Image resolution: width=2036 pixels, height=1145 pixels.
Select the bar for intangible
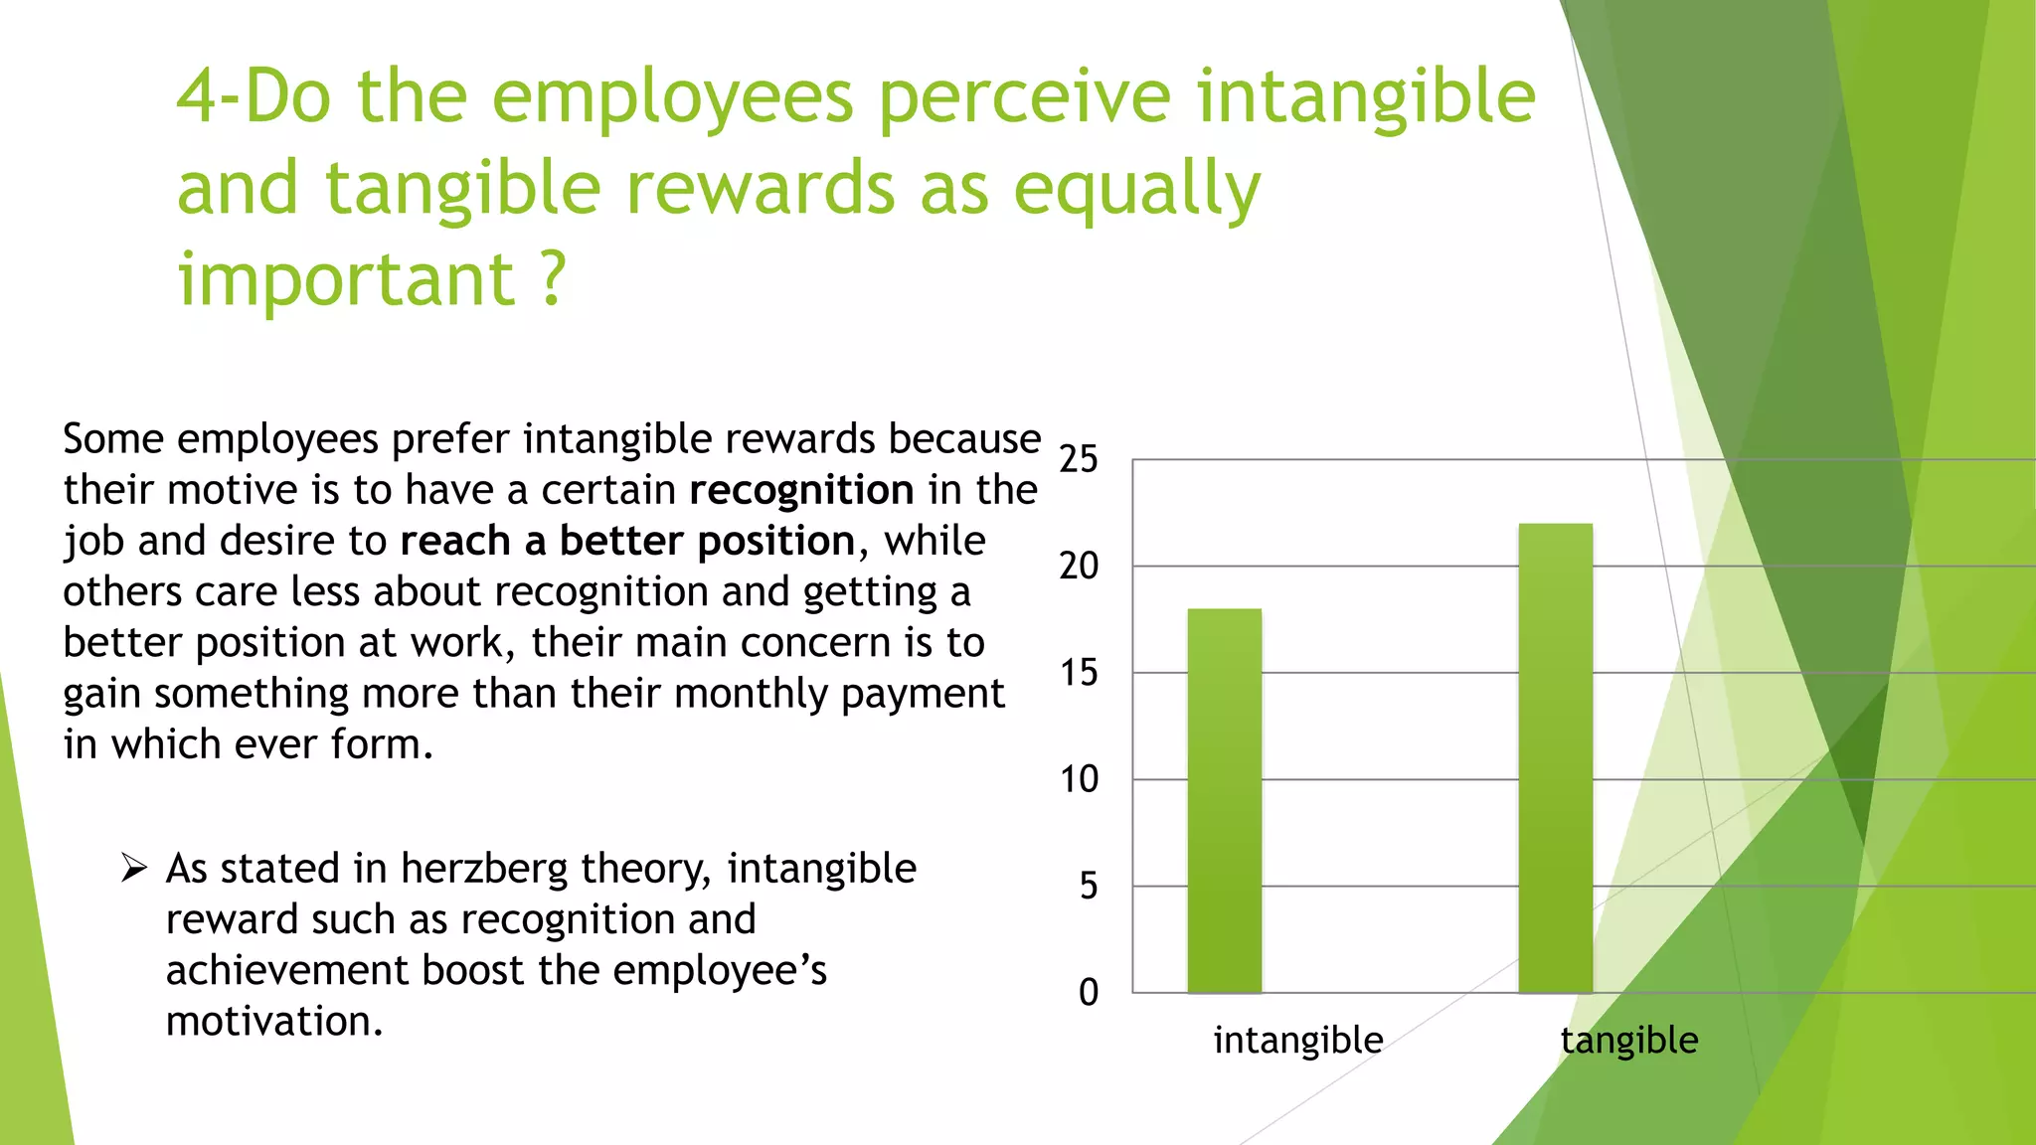pyautogui.click(x=1224, y=800)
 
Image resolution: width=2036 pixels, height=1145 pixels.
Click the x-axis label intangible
pyautogui.click(x=1297, y=1041)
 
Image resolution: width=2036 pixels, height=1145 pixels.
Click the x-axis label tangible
pyautogui.click(x=1628, y=1041)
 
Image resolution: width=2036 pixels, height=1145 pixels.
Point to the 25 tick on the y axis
pyautogui.click(x=1078, y=459)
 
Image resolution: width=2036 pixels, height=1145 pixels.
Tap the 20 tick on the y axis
pyautogui.click(x=1078, y=567)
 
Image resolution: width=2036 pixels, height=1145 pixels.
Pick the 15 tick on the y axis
pyautogui.click(x=1078, y=673)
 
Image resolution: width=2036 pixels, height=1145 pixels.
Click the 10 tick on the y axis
pyautogui.click(x=1078, y=779)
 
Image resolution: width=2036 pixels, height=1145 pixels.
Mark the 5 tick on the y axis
pyautogui.click(x=1088, y=886)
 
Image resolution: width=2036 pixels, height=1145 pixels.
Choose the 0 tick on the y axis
pyautogui.click(x=1088, y=992)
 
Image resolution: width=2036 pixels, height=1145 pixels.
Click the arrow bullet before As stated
pyautogui.click(x=133, y=868)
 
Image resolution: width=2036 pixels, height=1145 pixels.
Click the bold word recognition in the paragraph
pyautogui.click(x=801, y=490)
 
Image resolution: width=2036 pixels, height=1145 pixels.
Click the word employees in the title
pyautogui.click(x=672, y=96)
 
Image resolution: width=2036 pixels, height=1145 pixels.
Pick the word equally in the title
pyautogui.click(x=1136, y=189)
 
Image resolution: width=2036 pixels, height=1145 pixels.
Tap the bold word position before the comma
pyautogui.click(x=775, y=542)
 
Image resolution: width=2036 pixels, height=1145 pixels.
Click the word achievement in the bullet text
pyautogui.click(x=287, y=971)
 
